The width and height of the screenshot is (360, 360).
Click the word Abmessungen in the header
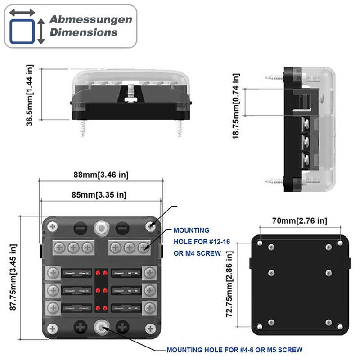tap(90, 19)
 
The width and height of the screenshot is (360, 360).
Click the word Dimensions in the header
tap(84, 32)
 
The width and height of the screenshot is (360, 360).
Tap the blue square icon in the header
tap(22, 31)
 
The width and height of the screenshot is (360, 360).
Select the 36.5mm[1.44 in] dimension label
tap(30, 95)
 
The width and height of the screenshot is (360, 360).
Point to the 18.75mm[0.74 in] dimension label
tap(236, 106)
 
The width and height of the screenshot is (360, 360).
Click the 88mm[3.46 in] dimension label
tap(101, 175)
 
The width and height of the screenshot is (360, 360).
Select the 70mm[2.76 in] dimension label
tap(300, 221)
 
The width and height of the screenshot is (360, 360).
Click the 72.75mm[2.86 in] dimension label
tap(230, 284)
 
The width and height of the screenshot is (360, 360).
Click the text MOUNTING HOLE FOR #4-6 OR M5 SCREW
tap(234, 350)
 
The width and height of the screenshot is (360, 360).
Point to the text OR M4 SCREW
tap(197, 253)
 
